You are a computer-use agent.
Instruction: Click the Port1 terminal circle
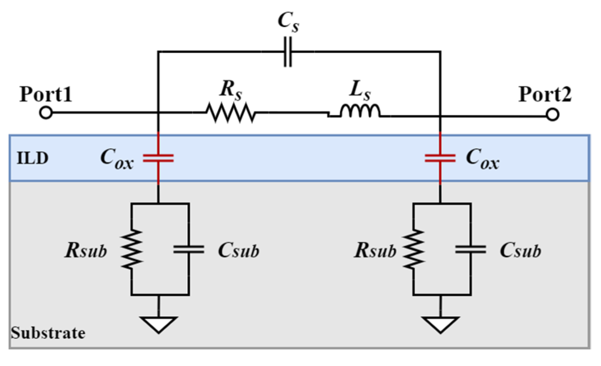(x=46, y=113)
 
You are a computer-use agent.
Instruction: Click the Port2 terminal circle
(x=553, y=115)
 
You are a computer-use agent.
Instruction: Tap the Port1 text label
(x=46, y=94)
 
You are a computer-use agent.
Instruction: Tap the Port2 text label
(x=544, y=94)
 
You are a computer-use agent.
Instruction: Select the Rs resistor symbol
(x=230, y=113)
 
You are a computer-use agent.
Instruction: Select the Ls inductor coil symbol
(x=360, y=111)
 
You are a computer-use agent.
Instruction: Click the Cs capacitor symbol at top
(x=287, y=52)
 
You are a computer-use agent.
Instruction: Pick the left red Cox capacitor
(x=158, y=158)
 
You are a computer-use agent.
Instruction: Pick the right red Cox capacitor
(x=440, y=158)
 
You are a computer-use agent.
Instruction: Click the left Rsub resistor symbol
(x=132, y=249)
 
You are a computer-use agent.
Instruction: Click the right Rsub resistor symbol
(x=413, y=249)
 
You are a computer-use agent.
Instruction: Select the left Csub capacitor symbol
(x=188, y=249)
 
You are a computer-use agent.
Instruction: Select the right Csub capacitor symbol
(x=470, y=249)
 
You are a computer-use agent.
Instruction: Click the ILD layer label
(x=32, y=158)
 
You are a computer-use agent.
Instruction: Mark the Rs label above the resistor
(x=230, y=90)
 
